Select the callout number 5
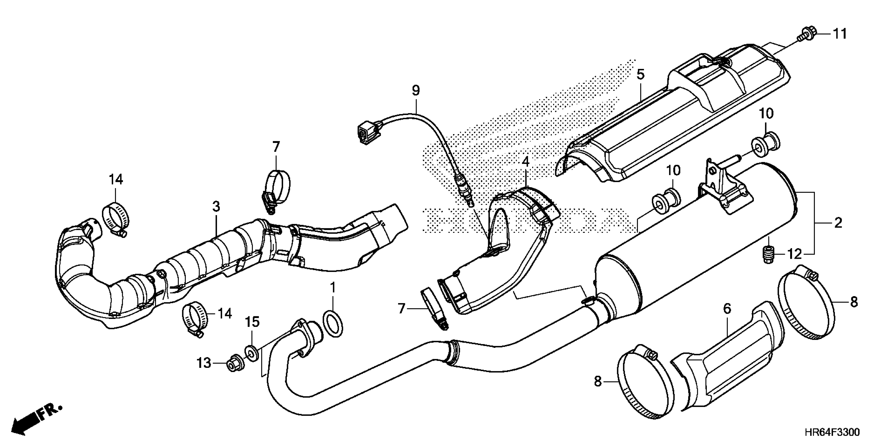click(640, 74)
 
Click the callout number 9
click(416, 90)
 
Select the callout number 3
click(216, 207)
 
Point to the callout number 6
click(727, 308)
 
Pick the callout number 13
click(204, 363)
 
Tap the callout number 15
click(252, 322)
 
